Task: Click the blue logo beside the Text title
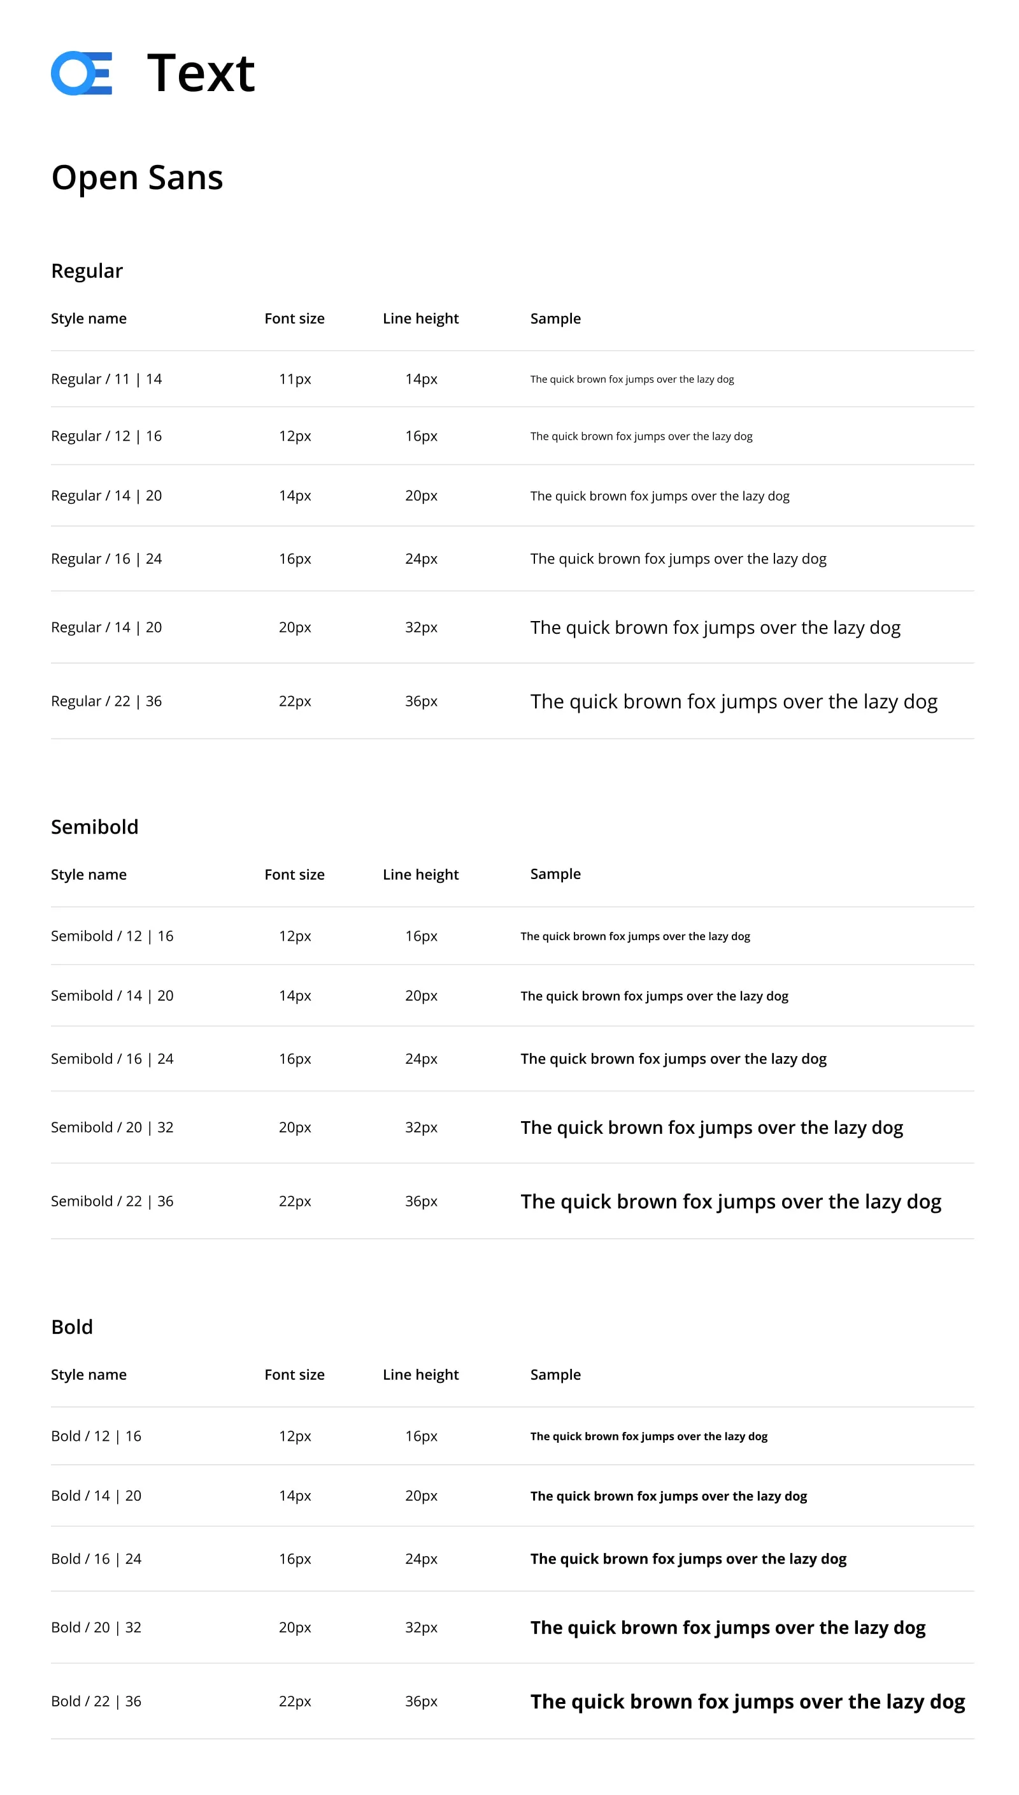[81, 73]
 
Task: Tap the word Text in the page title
[201, 73]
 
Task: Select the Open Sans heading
[137, 178]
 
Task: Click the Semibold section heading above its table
[94, 826]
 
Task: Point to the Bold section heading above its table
[72, 1326]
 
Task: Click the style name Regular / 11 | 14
[106, 378]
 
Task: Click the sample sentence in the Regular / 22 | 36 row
[734, 701]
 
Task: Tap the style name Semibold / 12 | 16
[112, 936]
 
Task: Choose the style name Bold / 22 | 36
[96, 1701]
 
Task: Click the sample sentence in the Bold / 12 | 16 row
[648, 1436]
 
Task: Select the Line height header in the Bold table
[420, 1375]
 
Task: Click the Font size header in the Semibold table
[295, 874]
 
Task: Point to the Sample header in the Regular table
[555, 318]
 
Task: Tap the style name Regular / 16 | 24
[106, 559]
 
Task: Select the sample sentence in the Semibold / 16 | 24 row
[673, 1058]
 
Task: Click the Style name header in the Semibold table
[89, 874]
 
